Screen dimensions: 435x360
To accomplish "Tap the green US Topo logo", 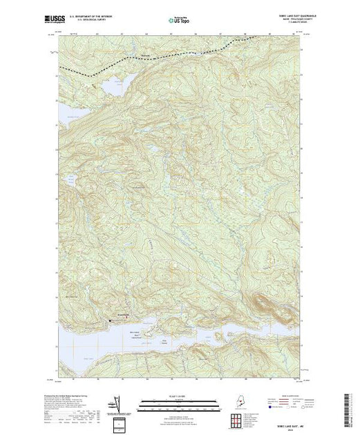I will point(179,20).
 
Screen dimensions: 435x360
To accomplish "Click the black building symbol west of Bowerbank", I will point(108,321).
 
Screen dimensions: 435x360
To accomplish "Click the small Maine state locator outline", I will point(238,403).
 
